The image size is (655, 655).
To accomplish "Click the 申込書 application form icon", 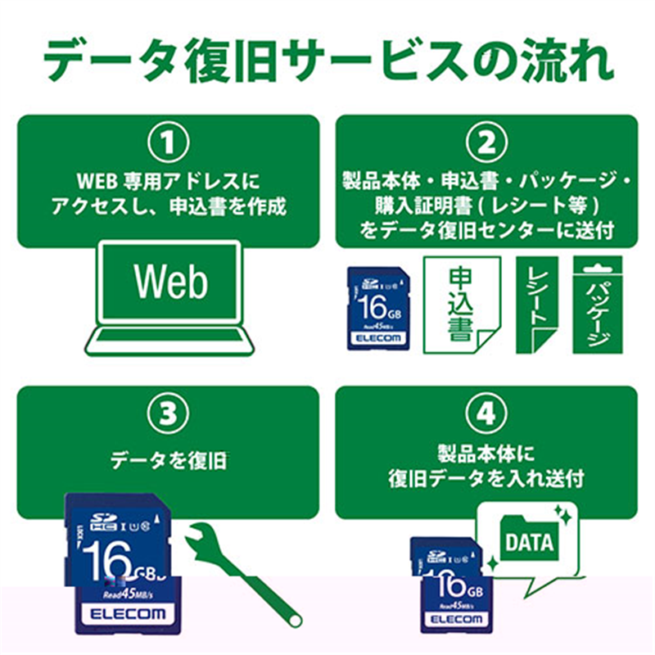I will click(461, 304).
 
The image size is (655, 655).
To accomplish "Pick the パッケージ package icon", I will click(597, 305).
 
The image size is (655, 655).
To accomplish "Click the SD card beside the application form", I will click(378, 308).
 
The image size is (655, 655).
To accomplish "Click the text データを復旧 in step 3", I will click(169, 460).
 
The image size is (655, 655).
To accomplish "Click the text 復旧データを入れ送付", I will click(486, 481).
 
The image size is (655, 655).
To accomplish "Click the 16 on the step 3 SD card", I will click(108, 562).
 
